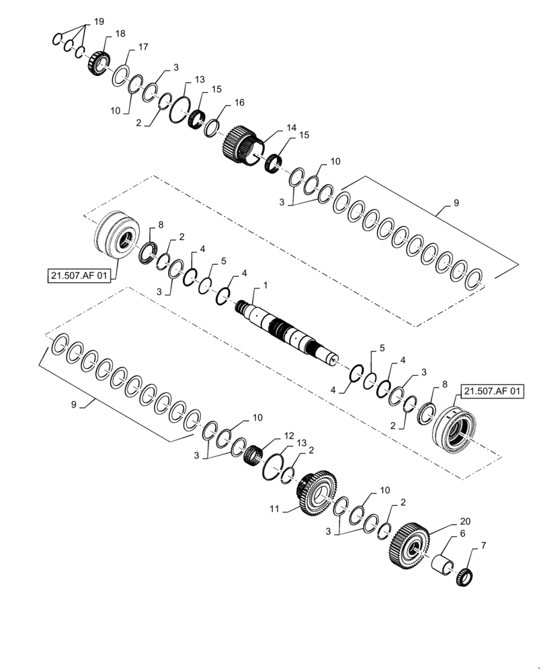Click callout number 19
pos(99,22)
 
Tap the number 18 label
pos(120,34)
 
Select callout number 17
pos(143,47)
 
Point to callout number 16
pos(239,103)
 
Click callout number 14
pos(290,127)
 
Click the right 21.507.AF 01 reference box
pos(491,391)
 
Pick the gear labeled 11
pos(314,495)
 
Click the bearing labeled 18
pos(98,64)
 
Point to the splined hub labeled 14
pos(240,145)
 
